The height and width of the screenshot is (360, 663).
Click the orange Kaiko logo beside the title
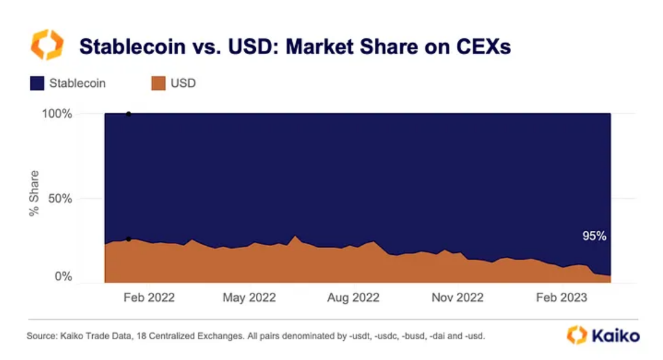pyautogui.click(x=47, y=46)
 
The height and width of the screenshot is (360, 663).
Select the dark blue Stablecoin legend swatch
pyautogui.click(x=37, y=83)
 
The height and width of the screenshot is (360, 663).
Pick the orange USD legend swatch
pyautogui.click(x=158, y=83)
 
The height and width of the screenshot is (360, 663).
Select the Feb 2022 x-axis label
pyautogui.click(x=149, y=298)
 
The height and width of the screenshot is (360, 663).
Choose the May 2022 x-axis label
pyautogui.click(x=249, y=298)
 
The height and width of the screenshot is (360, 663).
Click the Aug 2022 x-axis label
pyautogui.click(x=353, y=298)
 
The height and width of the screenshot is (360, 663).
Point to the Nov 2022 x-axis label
pyautogui.click(x=457, y=298)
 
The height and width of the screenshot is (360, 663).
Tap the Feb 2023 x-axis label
pyautogui.click(x=561, y=298)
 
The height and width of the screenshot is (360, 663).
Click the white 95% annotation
pyautogui.click(x=594, y=236)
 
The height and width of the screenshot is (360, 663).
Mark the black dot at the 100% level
pyautogui.click(x=129, y=114)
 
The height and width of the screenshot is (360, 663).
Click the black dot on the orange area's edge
pyautogui.click(x=129, y=239)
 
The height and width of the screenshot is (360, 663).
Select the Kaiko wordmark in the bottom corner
pyautogui.click(x=615, y=335)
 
